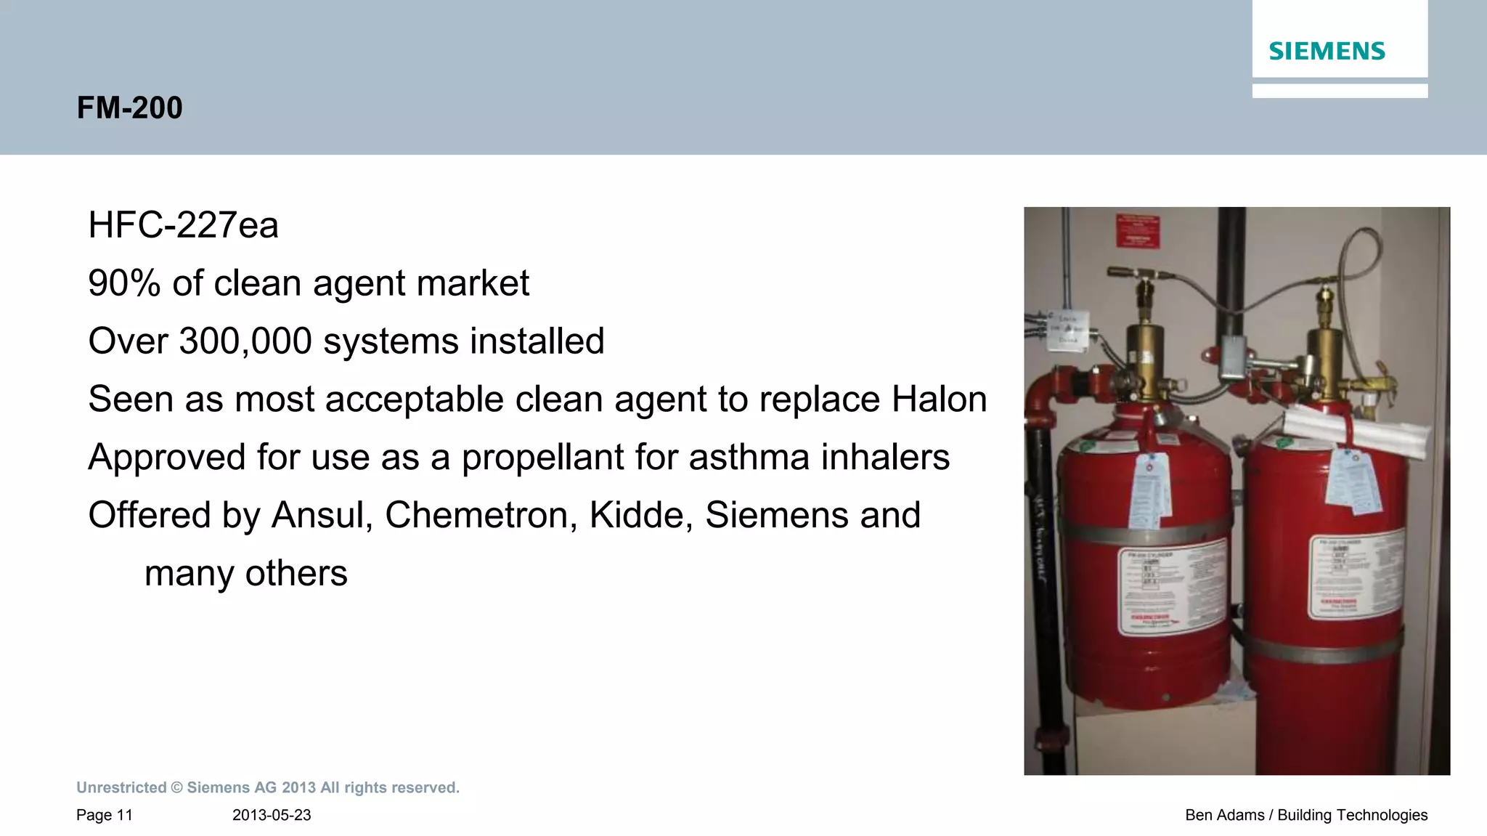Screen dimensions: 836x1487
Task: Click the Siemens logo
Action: pyautogui.click(x=1327, y=52)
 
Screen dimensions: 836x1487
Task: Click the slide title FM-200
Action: pyautogui.click(x=129, y=107)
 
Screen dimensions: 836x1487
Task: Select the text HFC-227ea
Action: pyautogui.click(x=183, y=225)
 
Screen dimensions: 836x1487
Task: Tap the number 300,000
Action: pyautogui.click(x=245, y=341)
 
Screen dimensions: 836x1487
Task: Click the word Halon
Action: pyautogui.click(x=939, y=399)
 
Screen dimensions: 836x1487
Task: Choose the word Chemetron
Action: pyautogui.click(x=481, y=516)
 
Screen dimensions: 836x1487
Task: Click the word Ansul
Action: pyautogui.click(x=322, y=516)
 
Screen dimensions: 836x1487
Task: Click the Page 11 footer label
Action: pyautogui.click(x=105, y=815)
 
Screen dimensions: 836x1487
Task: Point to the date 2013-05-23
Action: pyautogui.click(x=272, y=815)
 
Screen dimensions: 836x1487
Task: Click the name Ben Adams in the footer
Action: pyautogui.click(x=1224, y=815)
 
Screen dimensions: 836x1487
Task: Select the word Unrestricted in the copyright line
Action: pyautogui.click(x=121, y=788)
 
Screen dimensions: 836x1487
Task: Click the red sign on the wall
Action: pyautogui.click(x=1138, y=232)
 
